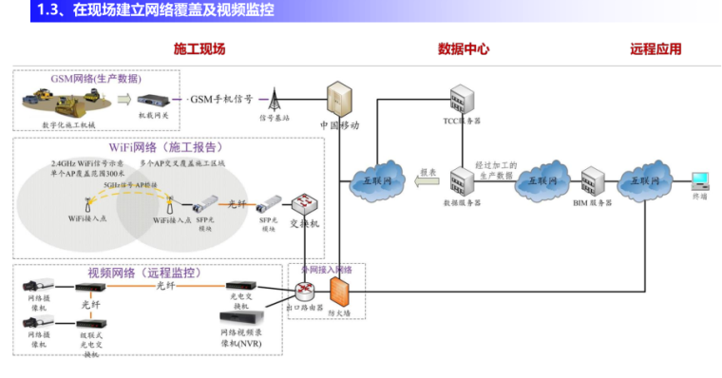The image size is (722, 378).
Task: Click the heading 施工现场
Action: (x=199, y=49)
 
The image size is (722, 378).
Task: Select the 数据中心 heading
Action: (x=464, y=49)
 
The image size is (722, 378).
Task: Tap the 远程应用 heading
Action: (x=655, y=49)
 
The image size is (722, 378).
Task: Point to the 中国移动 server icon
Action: (x=339, y=98)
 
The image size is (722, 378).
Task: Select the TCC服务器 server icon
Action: (x=462, y=99)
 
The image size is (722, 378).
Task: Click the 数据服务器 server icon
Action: (x=462, y=180)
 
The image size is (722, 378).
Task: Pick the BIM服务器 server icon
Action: (x=594, y=180)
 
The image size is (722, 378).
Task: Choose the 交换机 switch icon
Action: (x=305, y=204)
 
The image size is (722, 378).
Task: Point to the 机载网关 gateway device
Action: (x=153, y=100)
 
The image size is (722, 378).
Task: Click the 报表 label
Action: (x=427, y=173)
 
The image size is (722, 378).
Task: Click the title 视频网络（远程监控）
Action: (x=144, y=273)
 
